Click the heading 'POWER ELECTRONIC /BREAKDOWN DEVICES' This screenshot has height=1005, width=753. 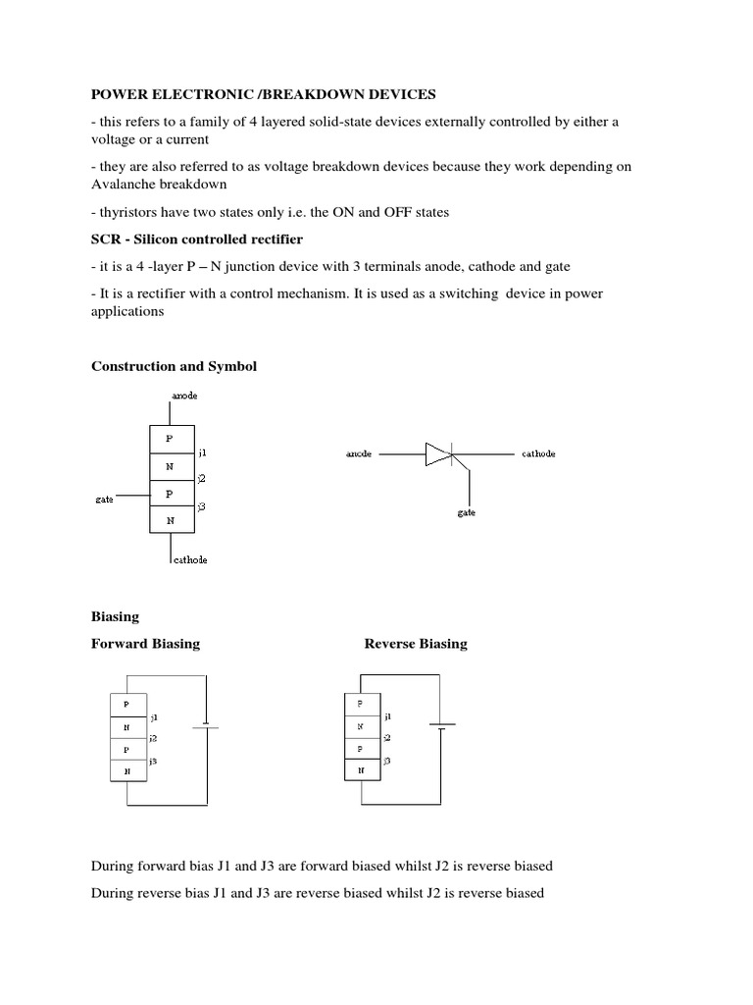pyautogui.click(x=263, y=94)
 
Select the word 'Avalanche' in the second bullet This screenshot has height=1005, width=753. pyautogui.click(x=126, y=184)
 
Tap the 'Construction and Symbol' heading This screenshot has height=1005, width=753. pyautogui.click(x=174, y=366)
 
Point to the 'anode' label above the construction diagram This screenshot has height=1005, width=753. pyautogui.click(x=183, y=396)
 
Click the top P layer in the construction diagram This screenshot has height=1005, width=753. pyautogui.click(x=171, y=439)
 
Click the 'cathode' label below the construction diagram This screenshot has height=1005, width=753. pyautogui.click(x=189, y=559)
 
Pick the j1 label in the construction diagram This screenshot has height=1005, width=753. pyautogui.click(x=202, y=453)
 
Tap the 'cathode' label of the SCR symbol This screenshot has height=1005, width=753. pyautogui.click(x=538, y=454)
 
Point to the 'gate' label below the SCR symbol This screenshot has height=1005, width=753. pyautogui.click(x=467, y=513)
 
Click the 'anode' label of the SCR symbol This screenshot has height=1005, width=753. pyautogui.click(x=358, y=454)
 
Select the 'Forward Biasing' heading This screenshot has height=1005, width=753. pyautogui.click(x=145, y=644)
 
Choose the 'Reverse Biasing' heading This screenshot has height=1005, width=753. pyautogui.click(x=416, y=644)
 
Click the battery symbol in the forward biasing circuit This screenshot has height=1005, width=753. pyautogui.click(x=205, y=726)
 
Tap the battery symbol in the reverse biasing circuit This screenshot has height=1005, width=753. pyautogui.click(x=443, y=726)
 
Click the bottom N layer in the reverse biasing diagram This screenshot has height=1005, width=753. pyautogui.click(x=361, y=770)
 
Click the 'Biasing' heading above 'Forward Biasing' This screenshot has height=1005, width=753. pyautogui.click(x=115, y=617)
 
